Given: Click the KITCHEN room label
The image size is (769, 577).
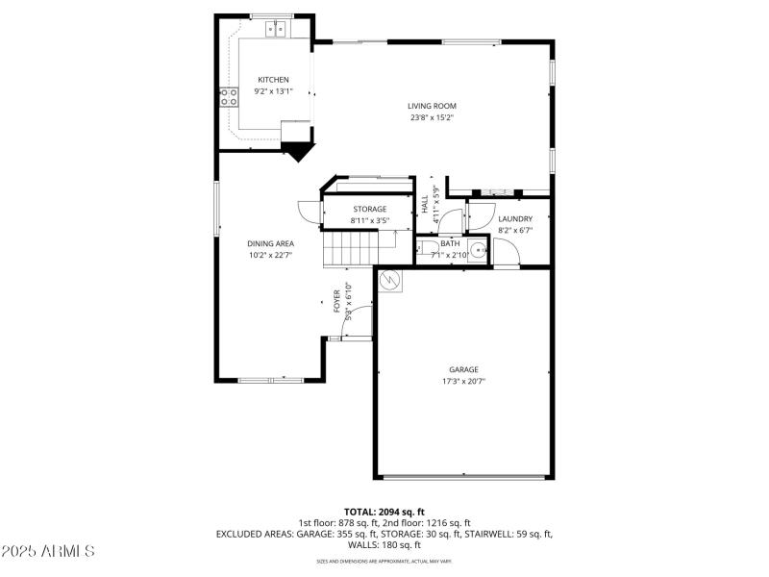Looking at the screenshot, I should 272,80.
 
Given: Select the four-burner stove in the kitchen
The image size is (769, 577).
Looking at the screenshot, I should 230,96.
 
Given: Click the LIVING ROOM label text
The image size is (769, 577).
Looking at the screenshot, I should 432,106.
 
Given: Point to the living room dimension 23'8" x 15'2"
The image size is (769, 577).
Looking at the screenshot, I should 432,118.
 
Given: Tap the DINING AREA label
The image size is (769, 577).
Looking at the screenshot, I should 271,243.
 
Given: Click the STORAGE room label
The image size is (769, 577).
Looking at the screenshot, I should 369,209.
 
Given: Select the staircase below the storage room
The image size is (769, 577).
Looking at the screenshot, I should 346,250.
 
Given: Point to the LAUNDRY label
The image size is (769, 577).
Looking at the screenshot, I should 515,218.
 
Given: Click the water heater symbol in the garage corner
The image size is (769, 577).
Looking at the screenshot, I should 390,280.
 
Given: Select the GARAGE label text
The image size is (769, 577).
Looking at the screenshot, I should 463,369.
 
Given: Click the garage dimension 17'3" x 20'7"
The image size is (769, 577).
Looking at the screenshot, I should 463,381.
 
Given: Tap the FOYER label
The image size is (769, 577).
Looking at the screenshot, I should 337,301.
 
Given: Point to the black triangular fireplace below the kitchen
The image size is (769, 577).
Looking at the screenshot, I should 299,150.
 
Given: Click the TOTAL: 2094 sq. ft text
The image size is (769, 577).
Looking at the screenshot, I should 384,512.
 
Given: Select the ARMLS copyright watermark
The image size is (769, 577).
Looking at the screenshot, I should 48,551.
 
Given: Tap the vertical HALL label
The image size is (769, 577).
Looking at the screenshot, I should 424,205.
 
